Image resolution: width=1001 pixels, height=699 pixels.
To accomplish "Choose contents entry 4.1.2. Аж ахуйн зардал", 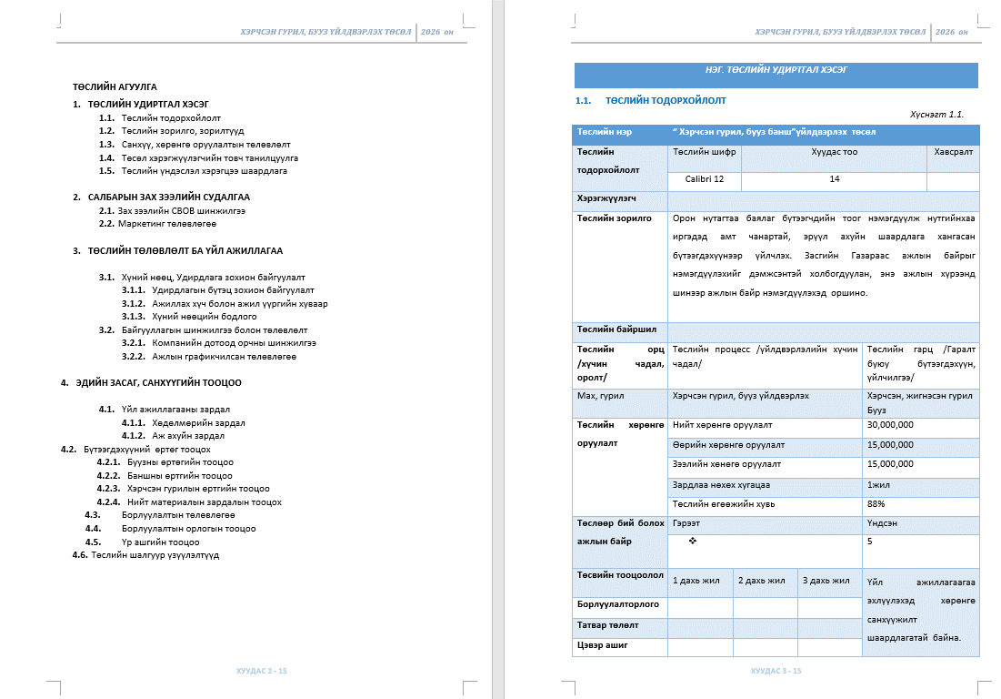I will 186,436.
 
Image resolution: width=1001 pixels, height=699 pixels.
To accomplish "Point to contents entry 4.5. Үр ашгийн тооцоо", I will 160,542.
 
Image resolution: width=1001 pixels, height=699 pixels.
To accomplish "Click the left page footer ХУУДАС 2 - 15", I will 262,671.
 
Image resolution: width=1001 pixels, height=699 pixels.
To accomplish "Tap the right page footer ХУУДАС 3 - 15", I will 776,671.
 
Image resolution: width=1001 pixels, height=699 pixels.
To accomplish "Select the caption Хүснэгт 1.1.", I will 936,115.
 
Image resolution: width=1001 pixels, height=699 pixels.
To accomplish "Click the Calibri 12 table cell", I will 705,179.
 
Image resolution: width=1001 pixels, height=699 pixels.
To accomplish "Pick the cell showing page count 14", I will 834,179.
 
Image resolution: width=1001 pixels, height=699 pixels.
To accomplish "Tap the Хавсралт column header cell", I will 953,153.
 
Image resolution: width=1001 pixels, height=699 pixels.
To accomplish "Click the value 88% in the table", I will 876,503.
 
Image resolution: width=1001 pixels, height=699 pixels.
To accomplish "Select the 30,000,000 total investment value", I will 890,424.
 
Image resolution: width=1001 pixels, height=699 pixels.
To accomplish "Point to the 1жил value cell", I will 878,484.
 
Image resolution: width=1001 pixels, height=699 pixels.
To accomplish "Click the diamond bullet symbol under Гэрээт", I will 693,542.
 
